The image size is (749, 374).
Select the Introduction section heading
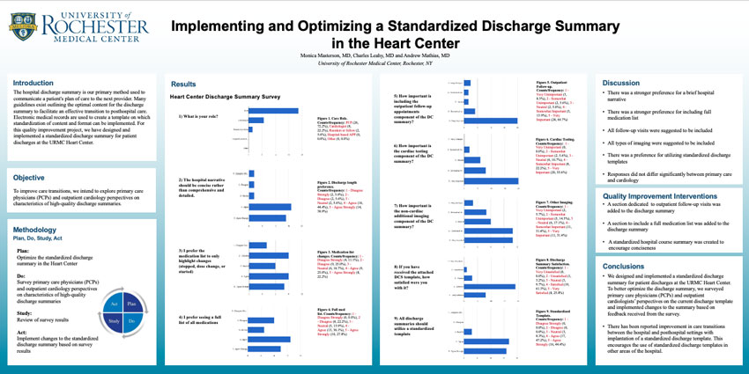click(x=33, y=84)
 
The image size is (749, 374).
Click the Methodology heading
click(x=35, y=230)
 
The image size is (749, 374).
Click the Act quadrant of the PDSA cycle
click(x=113, y=303)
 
